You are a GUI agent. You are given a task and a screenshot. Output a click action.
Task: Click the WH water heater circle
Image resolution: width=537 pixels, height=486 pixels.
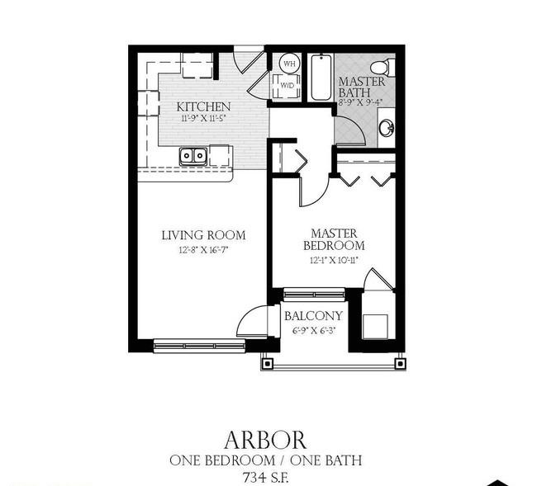[x=290, y=64]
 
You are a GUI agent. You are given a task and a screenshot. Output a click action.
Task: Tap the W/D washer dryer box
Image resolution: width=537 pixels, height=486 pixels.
[x=287, y=86]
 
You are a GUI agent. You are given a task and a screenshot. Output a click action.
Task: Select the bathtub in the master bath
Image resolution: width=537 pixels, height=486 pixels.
[x=321, y=78]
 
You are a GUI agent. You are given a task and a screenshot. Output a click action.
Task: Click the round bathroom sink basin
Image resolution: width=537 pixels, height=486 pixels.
[x=387, y=128]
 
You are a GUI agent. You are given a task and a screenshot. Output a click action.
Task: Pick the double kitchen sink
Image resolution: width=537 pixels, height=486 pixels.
[x=193, y=156]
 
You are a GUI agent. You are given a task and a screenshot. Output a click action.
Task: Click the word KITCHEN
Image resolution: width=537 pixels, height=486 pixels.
[x=203, y=106]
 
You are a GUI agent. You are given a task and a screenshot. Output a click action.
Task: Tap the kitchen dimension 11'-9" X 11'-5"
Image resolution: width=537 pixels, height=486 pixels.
[x=204, y=119]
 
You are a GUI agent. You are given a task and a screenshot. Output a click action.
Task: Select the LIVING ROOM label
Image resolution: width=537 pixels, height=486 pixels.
[x=203, y=235]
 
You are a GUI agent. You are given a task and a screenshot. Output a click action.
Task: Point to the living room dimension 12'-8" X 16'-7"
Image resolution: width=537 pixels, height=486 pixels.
[x=203, y=250]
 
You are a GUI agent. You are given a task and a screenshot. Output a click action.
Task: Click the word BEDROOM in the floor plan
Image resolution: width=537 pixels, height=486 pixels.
[x=334, y=246]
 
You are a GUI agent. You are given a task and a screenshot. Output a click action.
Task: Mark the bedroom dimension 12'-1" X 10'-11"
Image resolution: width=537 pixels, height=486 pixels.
[x=334, y=261]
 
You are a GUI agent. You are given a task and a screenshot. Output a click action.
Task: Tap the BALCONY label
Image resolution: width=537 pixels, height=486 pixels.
[x=313, y=316]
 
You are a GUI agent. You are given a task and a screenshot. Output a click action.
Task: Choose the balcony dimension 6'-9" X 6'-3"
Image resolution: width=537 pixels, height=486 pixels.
[x=313, y=331]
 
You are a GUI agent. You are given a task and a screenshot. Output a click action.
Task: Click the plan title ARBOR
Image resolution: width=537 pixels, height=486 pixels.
[x=265, y=440]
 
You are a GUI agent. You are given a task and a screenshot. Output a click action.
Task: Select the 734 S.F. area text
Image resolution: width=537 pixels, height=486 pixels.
[x=265, y=477]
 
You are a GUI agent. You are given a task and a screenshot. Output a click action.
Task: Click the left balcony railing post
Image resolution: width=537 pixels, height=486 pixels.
[x=268, y=363]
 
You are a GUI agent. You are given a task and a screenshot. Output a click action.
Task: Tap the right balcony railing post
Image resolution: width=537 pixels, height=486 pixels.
[x=400, y=363]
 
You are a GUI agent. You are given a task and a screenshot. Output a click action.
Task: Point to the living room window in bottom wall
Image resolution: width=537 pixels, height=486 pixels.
[x=199, y=346]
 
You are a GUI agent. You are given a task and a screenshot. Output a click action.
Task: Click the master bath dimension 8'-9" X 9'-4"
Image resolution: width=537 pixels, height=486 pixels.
[x=360, y=102]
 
